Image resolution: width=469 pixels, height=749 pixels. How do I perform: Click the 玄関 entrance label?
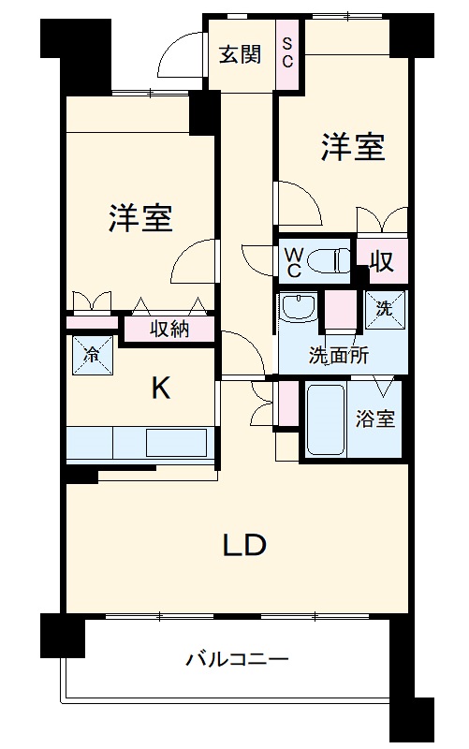[x=241, y=54]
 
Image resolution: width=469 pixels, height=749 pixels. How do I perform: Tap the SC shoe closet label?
[x=287, y=54]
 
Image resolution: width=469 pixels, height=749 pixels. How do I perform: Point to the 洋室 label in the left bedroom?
[x=139, y=218]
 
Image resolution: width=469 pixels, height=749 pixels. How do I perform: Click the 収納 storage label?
[x=169, y=330]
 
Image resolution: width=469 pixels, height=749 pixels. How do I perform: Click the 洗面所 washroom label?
[x=339, y=356]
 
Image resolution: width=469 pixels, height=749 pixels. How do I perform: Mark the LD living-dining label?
[x=244, y=545]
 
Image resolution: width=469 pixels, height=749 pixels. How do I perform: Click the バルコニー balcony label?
[x=236, y=658]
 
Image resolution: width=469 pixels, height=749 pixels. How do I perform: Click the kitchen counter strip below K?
[x=140, y=442]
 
